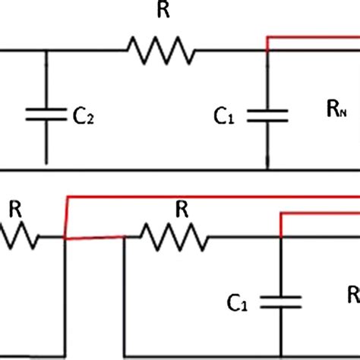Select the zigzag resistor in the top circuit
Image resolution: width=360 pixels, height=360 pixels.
click(160, 52)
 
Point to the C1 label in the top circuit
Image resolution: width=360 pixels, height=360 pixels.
click(223, 116)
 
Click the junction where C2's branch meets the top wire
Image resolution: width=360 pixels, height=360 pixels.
click(46, 52)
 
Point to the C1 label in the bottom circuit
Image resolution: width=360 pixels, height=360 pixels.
click(236, 305)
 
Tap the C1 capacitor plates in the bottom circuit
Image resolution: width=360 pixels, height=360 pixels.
click(282, 302)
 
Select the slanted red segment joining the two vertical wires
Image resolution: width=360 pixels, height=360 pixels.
click(94, 238)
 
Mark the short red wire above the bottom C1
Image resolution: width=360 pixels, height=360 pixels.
click(319, 215)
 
